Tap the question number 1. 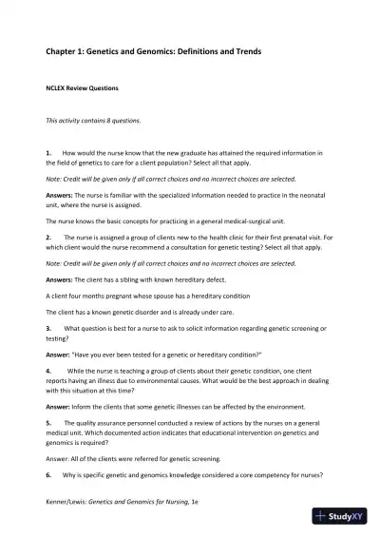(48, 152)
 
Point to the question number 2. (48, 234)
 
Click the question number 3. (48, 328)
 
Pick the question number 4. (48, 369)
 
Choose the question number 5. (48, 421)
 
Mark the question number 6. (48, 472)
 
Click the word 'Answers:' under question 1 (62, 193)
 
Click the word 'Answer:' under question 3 (60, 354)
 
